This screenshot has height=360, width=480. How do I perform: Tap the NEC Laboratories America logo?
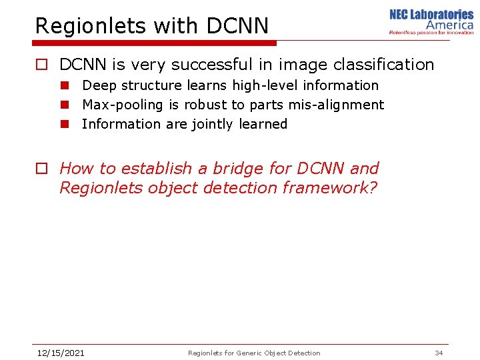pos(431,21)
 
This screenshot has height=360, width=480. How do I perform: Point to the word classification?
pos(381,65)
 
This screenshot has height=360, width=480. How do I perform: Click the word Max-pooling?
pos(122,105)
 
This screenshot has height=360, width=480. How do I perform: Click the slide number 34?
pos(439,353)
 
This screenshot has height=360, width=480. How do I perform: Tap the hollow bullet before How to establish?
pos(41,169)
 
